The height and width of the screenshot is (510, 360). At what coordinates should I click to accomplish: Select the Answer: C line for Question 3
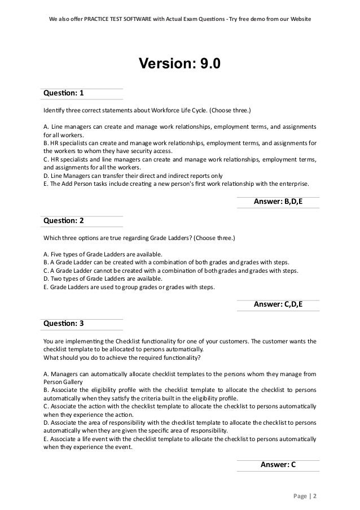[x=278, y=465]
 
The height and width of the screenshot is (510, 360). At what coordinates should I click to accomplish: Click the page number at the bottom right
[x=305, y=496]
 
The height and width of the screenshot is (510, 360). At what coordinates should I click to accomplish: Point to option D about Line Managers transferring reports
[x=133, y=176]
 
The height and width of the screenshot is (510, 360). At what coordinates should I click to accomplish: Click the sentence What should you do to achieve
[x=121, y=357]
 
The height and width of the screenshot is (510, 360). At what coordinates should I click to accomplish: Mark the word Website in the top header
[x=298, y=19]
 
